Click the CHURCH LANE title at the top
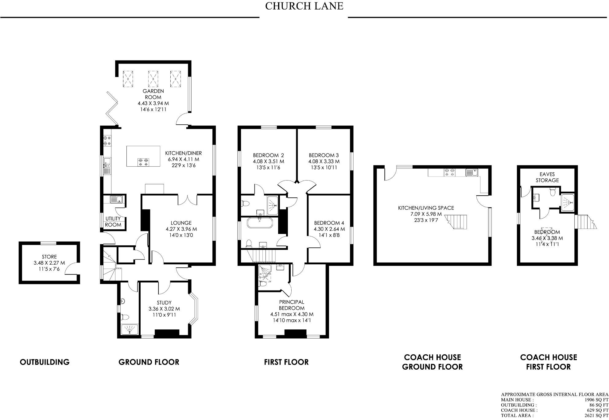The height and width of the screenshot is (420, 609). (x=304, y=6)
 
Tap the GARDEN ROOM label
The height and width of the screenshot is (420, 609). (x=153, y=94)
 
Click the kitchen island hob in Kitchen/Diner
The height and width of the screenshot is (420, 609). (x=143, y=162)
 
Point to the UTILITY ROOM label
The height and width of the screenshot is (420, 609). (x=113, y=222)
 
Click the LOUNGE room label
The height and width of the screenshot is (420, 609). (x=181, y=223)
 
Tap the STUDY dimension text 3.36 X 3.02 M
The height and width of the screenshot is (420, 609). (x=164, y=309)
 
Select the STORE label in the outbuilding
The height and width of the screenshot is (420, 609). (x=49, y=257)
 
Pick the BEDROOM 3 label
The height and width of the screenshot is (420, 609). (x=324, y=155)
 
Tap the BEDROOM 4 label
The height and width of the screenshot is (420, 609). (x=329, y=223)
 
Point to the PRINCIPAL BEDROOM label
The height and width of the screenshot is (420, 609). (x=292, y=305)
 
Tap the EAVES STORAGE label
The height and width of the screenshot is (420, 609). (x=547, y=177)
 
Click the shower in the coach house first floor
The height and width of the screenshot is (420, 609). (x=568, y=203)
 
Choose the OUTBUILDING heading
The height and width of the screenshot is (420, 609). (x=45, y=362)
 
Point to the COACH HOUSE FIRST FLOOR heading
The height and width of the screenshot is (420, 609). (x=549, y=362)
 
